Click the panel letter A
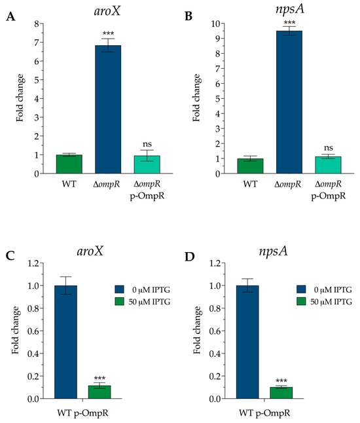point(10,17)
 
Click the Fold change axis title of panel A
point(20,98)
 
